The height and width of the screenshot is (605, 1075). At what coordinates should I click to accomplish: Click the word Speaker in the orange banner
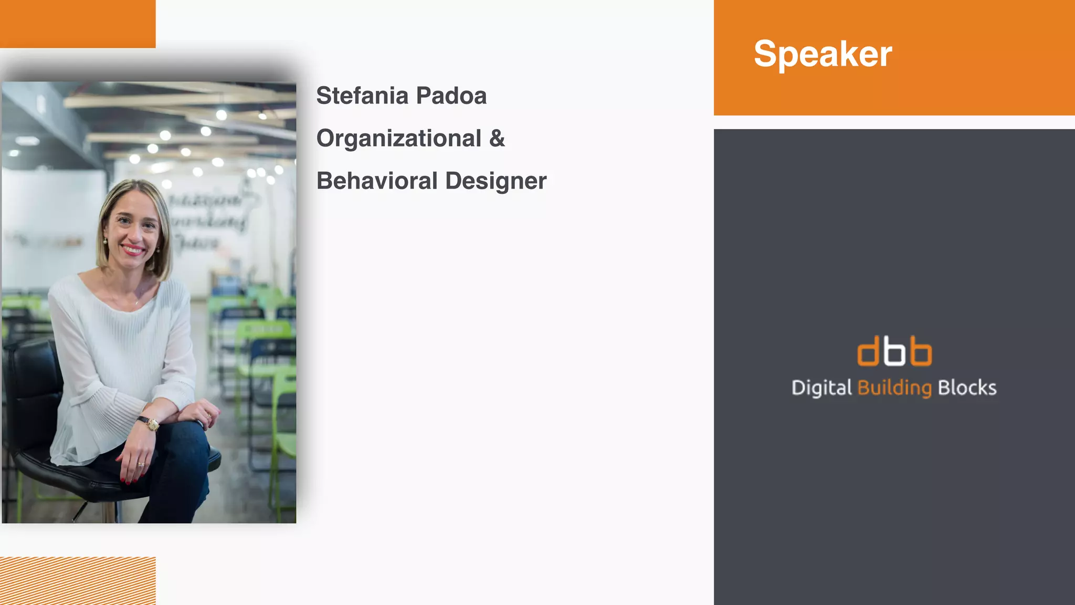[x=823, y=54]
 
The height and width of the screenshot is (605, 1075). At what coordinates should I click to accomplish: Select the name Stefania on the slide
[x=362, y=96]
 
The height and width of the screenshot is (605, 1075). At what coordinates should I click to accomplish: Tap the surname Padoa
[x=451, y=96]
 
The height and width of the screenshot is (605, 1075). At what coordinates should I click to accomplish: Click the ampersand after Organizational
[x=497, y=139]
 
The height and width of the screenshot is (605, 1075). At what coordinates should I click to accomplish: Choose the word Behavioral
[x=377, y=181]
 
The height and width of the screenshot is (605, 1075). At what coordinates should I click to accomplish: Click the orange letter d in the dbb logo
[x=868, y=351]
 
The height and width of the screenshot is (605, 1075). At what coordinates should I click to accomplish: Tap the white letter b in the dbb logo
[x=894, y=351]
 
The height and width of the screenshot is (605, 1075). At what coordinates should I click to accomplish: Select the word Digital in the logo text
[x=821, y=388]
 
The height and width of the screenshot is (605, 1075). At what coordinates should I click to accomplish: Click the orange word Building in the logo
[x=894, y=388]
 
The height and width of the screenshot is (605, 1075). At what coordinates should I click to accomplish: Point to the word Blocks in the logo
[x=967, y=388]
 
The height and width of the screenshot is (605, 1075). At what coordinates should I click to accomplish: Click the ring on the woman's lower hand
[x=141, y=465]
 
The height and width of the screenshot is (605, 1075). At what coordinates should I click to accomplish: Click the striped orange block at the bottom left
[x=78, y=580]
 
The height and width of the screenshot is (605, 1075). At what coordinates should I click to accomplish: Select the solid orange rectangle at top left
[x=78, y=24]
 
